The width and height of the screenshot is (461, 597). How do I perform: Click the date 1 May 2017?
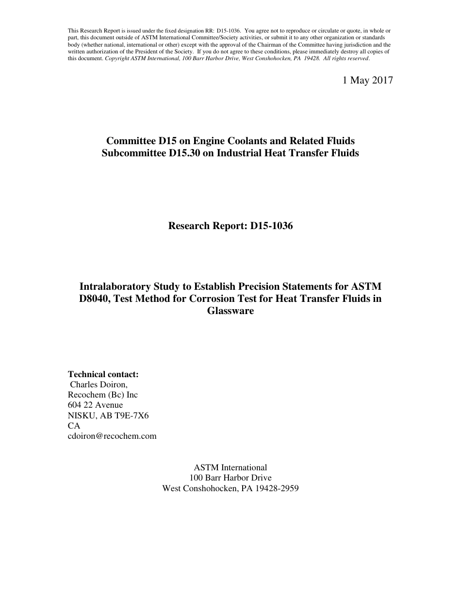tap(367, 81)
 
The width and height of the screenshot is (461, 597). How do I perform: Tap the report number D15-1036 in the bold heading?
tap(272, 226)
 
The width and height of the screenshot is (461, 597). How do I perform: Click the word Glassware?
tap(230, 311)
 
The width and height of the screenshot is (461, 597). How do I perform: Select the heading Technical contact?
tap(103, 374)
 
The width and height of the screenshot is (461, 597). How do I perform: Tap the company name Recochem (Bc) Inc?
tap(103, 395)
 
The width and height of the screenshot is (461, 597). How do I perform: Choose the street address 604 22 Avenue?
tap(95, 405)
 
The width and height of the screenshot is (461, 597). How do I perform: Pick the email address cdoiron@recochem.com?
tap(112, 436)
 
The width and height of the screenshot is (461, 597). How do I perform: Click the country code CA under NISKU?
tap(74, 426)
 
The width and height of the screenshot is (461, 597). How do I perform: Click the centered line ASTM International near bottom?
tap(230, 467)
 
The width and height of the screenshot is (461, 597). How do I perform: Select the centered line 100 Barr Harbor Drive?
tap(230, 478)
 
